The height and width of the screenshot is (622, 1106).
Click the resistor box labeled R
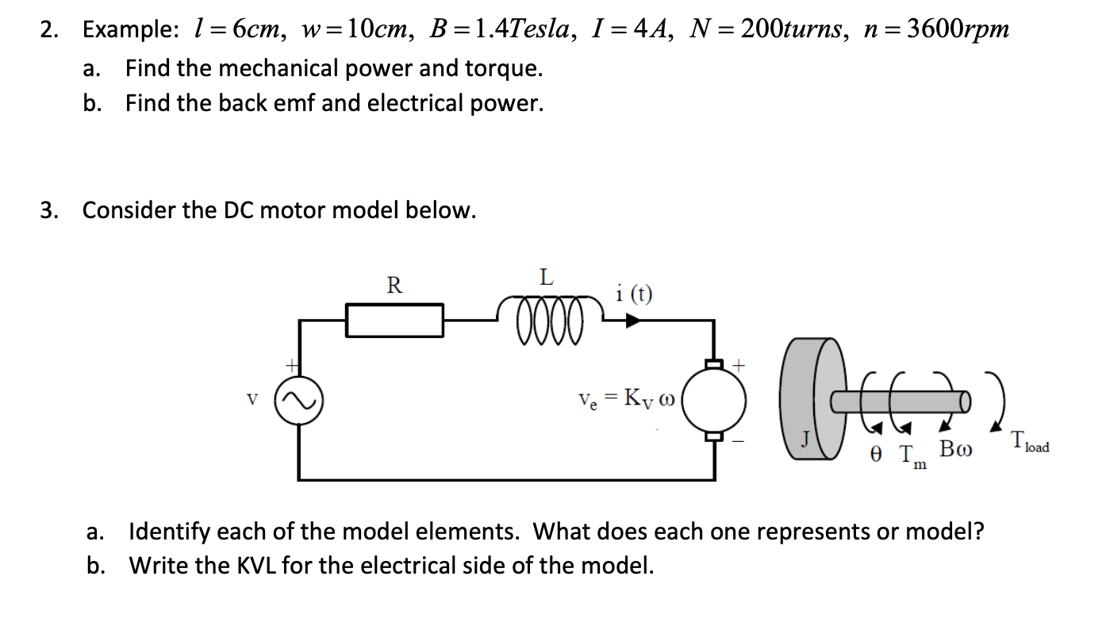pos(394,321)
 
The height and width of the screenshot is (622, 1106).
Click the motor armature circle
pos(715,401)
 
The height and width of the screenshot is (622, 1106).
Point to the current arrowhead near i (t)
pos(632,321)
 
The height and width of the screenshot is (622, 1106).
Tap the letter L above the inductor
pos(546,278)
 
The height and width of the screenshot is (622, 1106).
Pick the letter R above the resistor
pos(394,284)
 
